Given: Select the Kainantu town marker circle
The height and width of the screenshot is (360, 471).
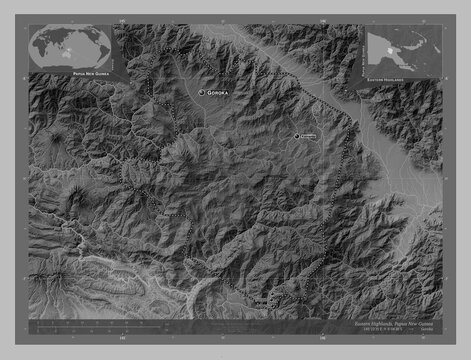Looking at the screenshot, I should (296, 136).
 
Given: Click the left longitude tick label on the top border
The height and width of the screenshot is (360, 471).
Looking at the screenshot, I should (122, 20).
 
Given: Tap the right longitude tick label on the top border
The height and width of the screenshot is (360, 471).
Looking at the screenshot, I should (322, 20).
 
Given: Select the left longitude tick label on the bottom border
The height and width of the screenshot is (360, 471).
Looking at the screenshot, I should (122, 339).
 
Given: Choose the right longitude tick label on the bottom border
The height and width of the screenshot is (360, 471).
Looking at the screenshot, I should (322, 339).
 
